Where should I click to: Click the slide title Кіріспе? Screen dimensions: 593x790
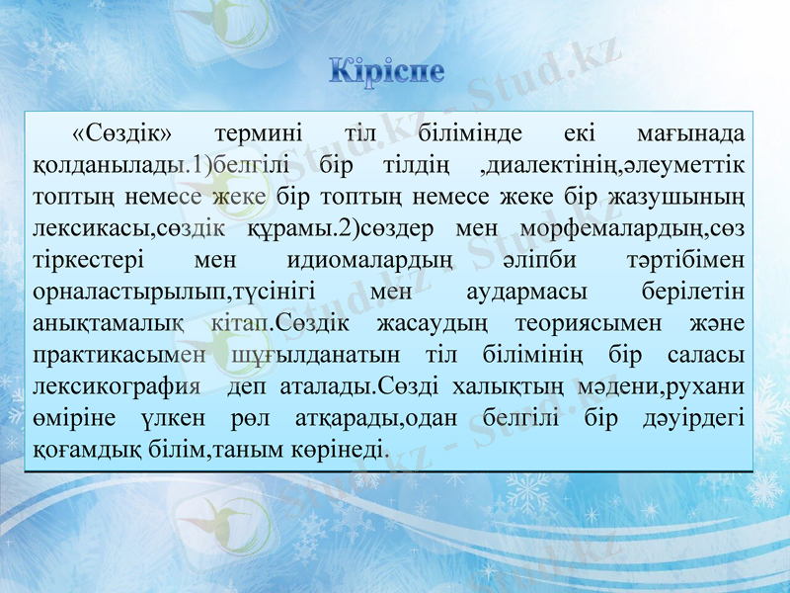coord(386,71)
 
